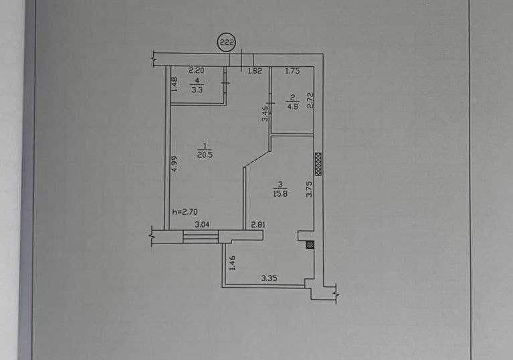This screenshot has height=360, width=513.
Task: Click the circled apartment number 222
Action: pyautogui.click(x=227, y=43)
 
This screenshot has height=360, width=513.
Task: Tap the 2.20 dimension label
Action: pyautogui.click(x=197, y=70)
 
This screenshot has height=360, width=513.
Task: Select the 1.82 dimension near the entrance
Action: pyautogui.click(x=255, y=71)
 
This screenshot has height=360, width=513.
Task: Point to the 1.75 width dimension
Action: pyautogui.click(x=292, y=71)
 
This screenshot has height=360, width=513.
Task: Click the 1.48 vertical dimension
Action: pyautogui.click(x=174, y=84)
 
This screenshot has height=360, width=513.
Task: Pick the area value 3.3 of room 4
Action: pyautogui.click(x=197, y=90)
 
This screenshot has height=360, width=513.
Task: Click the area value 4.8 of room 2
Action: pyautogui.click(x=292, y=106)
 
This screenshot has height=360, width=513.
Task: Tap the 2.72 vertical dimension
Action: pyautogui.click(x=311, y=100)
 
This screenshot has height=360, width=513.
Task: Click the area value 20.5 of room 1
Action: pyautogui.click(x=205, y=155)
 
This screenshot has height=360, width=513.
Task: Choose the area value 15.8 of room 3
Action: pyautogui.click(x=280, y=193)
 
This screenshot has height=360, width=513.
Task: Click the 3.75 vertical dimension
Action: pyautogui.click(x=309, y=189)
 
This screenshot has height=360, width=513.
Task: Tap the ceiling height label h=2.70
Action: pyautogui.click(x=185, y=211)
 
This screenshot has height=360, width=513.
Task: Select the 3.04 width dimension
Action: pyautogui.click(x=202, y=225)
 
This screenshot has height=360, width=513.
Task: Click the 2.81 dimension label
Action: pyautogui.click(x=258, y=225)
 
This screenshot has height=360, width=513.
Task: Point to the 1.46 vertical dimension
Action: pyautogui.click(x=232, y=263)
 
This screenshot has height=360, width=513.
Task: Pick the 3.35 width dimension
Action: pyautogui.click(x=270, y=278)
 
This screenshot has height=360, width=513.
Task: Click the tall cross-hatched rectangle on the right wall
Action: pyautogui.click(x=318, y=164)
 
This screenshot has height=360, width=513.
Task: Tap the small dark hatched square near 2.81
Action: pyautogui.click(x=310, y=245)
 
